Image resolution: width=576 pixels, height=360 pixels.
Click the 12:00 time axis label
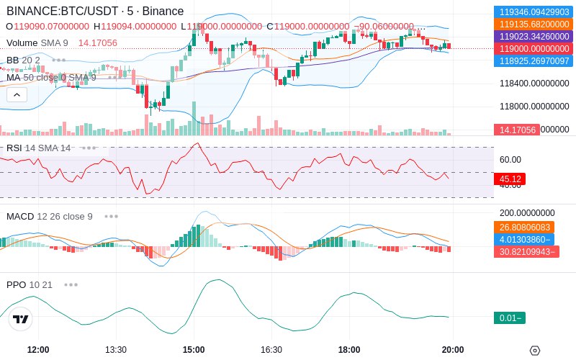click(38, 350)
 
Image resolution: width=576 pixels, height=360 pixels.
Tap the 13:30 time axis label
click(116, 350)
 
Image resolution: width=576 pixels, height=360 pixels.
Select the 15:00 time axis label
click(194, 350)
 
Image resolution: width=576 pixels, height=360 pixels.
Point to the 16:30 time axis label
click(271, 350)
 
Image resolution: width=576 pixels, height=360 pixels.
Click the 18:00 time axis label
click(349, 350)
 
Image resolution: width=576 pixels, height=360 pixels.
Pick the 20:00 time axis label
click(452, 350)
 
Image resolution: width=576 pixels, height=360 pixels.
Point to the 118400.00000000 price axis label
click(534, 84)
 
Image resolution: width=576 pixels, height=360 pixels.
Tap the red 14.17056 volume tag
click(516, 130)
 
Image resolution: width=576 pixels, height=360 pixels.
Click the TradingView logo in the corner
click(21, 319)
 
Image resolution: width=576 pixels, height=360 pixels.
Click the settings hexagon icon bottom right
click(535, 351)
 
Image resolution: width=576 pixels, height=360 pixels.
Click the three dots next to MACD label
click(111, 216)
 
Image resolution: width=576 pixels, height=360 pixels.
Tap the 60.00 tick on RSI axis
click(510, 160)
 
